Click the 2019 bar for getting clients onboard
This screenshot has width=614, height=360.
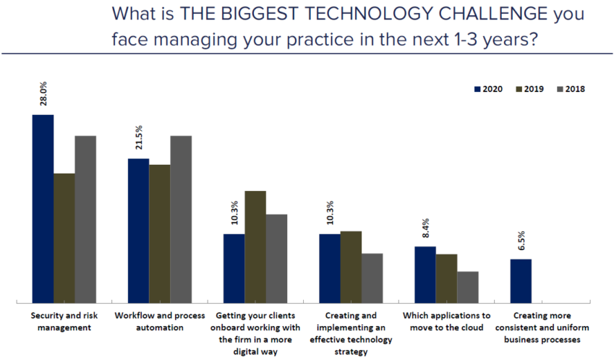coord(255,246)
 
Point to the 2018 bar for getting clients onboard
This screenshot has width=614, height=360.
coord(276,257)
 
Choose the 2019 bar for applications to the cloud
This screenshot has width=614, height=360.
coord(446,278)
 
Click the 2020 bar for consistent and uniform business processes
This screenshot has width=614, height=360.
coord(521,280)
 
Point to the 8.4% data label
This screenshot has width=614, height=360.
coord(425,227)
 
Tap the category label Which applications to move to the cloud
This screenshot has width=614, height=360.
coord(445,322)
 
